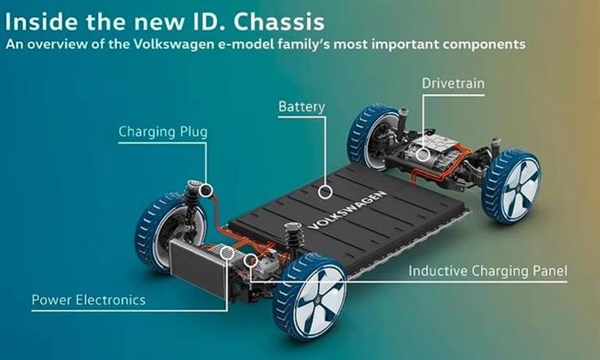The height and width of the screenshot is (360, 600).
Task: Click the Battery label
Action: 302,107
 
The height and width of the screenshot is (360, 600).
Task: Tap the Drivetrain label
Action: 453,83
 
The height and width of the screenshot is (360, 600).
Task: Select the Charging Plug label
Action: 162,132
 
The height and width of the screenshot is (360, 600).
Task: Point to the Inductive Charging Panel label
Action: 488,272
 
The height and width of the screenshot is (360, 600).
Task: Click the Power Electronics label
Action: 88,300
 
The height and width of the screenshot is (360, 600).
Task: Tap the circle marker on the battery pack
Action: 324,192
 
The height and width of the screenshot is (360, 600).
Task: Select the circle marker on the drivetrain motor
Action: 421,154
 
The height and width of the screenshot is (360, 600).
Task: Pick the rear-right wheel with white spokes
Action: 512,188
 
